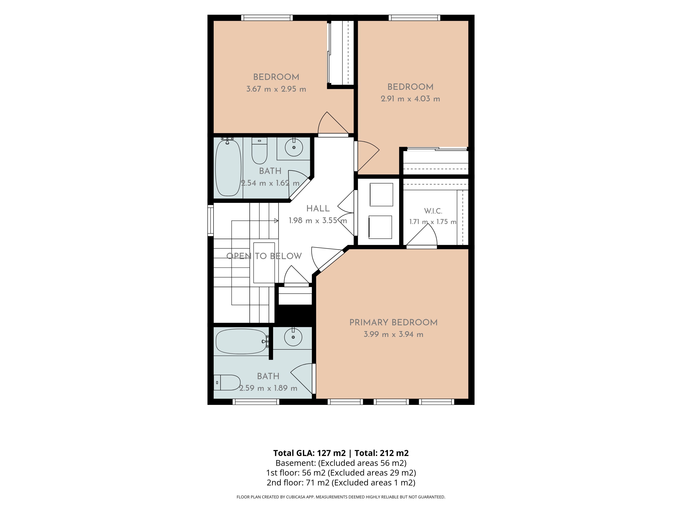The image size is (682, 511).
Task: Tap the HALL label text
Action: point(318,208)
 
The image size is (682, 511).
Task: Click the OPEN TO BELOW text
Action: point(264,256)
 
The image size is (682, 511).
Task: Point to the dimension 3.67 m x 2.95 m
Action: point(276,89)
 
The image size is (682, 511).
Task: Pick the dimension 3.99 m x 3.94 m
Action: point(393,334)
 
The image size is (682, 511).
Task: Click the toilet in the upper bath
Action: point(259,151)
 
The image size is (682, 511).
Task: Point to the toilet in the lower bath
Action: point(227,383)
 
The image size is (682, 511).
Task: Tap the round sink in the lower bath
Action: point(293,337)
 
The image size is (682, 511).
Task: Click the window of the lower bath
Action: point(256,402)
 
